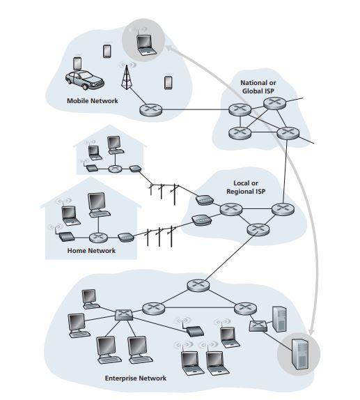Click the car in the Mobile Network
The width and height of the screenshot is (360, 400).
(x=84, y=80)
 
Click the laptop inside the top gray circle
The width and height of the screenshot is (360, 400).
(x=146, y=45)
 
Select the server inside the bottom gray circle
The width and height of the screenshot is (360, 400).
(x=300, y=354)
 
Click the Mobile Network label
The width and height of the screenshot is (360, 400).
(x=93, y=101)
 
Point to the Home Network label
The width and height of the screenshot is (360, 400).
(x=91, y=250)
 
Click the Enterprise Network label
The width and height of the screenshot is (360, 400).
(x=136, y=378)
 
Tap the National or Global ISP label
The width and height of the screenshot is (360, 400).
(x=258, y=86)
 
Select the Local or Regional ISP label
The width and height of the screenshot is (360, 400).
(x=246, y=187)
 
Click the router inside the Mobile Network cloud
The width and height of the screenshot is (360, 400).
(x=150, y=109)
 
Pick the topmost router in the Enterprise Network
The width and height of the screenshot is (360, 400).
(x=198, y=285)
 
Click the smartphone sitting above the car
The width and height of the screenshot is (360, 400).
(x=77, y=63)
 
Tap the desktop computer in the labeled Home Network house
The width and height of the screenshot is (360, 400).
(x=98, y=205)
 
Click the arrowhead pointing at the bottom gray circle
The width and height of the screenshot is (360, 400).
(x=311, y=332)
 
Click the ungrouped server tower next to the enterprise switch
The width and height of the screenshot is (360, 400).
(x=279, y=319)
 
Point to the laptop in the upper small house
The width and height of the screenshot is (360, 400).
(x=94, y=153)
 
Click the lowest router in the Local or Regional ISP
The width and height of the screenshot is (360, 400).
(x=258, y=229)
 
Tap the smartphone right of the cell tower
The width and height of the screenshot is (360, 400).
(x=169, y=82)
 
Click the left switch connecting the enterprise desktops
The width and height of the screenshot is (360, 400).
(x=124, y=315)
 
